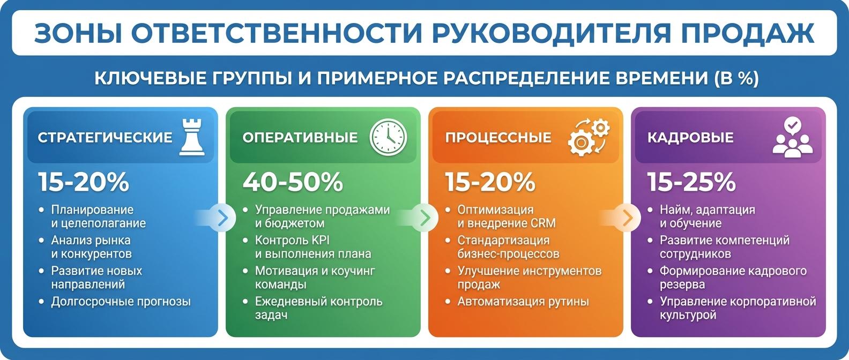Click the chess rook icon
pyautogui.click(x=192, y=137)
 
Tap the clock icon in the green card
pyautogui.click(x=388, y=137)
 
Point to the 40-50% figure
pyautogui.click(x=293, y=182)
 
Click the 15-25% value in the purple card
pyautogui.click(x=691, y=182)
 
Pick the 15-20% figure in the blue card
pyautogui.click(x=84, y=182)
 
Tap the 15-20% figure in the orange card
pyautogui.click(x=490, y=182)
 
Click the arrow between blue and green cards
pyautogui.click(x=222, y=217)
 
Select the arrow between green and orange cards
pyautogui.click(x=424, y=217)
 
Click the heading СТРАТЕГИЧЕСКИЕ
pyautogui.click(x=105, y=137)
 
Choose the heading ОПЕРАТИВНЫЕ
pyautogui.click(x=300, y=137)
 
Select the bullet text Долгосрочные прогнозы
pyautogui.click(x=121, y=302)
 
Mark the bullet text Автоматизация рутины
pyautogui.click(x=523, y=302)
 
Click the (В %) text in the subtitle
pyautogui.click(x=737, y=78)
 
